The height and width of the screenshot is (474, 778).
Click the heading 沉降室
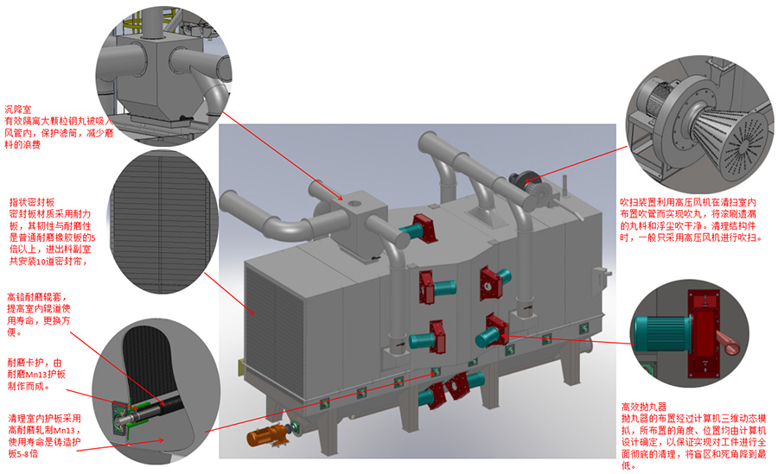click(x=18, y=109)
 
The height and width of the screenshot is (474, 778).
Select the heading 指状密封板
click(x=32, y=202)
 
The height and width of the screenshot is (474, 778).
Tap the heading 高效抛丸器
click(x=643, y=407)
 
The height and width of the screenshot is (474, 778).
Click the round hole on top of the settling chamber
click(x=355, y=203)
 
